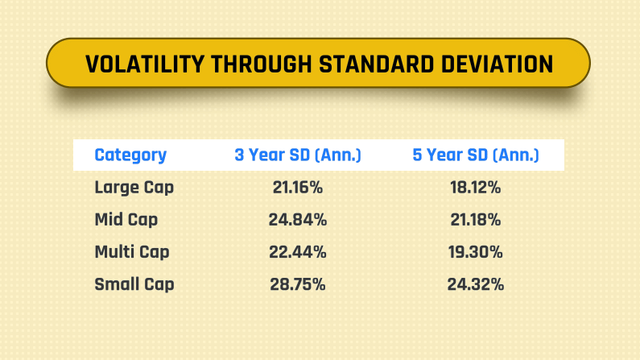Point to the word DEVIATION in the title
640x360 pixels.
click(496, 64)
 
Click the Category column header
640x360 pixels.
click(130, 155)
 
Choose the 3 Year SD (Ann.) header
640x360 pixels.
click(298, 155)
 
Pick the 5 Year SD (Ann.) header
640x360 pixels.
click(476, 155)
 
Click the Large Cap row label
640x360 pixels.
click(134, 188)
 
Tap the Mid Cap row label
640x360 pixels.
click(126, 220)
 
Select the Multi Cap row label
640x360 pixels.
click(132, 252)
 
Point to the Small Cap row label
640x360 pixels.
click(134, 284)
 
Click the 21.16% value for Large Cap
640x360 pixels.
click(297, 188)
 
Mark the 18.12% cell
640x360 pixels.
click(476, 188)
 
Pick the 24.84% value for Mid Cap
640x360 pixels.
click(297, 220)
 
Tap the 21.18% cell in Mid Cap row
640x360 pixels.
click(476, 220)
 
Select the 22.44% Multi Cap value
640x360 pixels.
click(297, 252)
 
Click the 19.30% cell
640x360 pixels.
click(476, 252)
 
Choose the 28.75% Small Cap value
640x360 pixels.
click(297, 284)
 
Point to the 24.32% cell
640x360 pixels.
click(476, 284)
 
